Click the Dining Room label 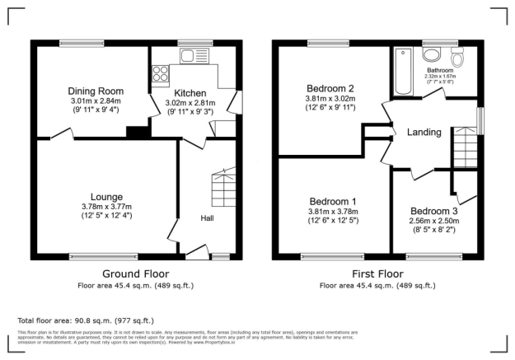click(x=96, y=91)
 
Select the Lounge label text click(x=107, y=197)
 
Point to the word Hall click(x=209, y=218)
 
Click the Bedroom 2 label click(x=330, y=89)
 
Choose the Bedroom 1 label click(x=332, y=202)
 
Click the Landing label click(x=424, y=133)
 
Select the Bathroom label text click(x=448, y=71)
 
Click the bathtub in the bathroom click(x=403, y=72)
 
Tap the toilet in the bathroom click(x=459, y=57)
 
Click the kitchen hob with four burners click(x=157, y=75)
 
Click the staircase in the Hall click(x=224, y=189)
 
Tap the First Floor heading click(x=378, y=274)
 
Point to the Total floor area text click(x=86, y=320)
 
